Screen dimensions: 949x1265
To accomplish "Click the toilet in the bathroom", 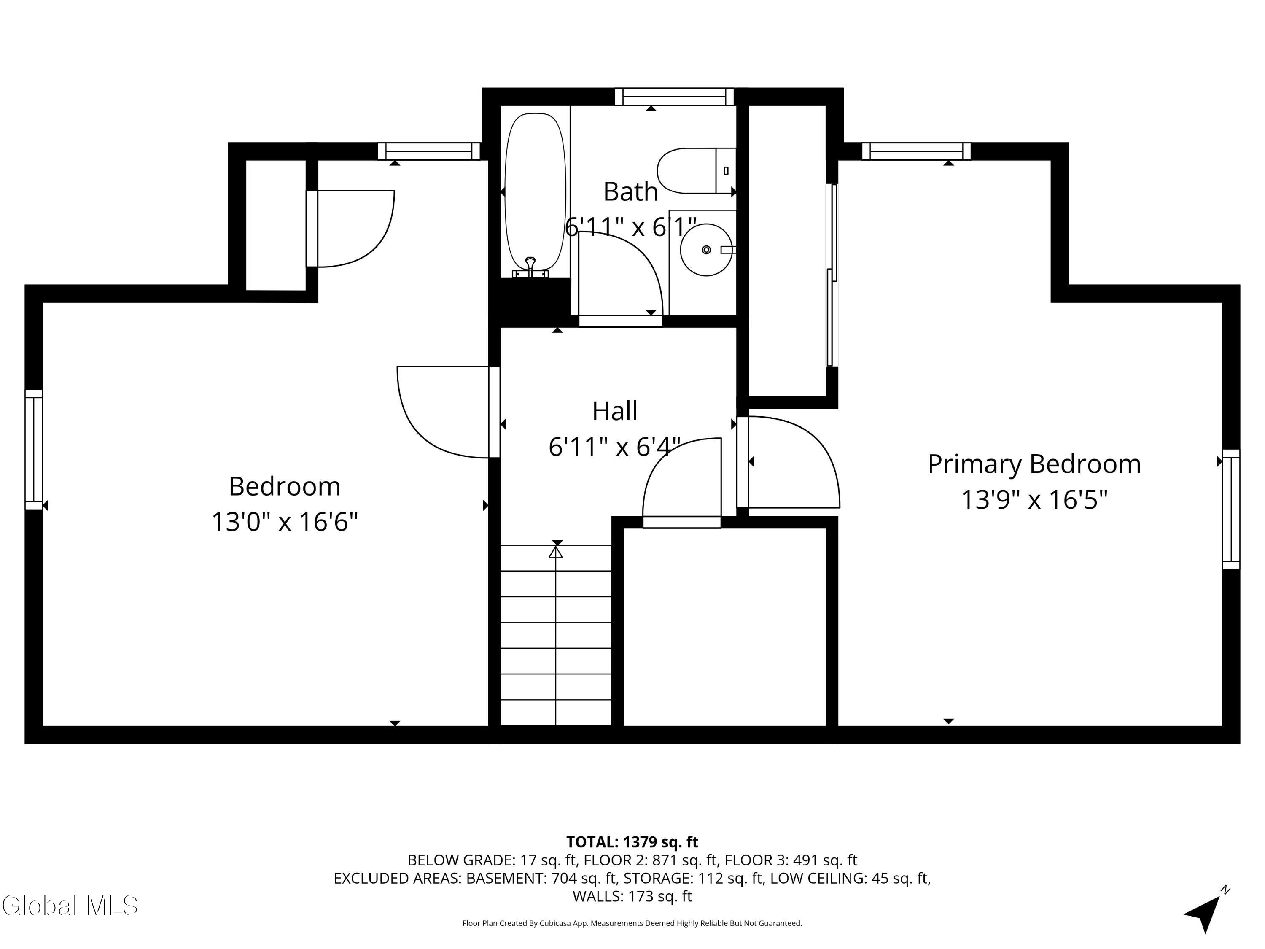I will (695, 170).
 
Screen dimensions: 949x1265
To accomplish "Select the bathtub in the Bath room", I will (535, 191).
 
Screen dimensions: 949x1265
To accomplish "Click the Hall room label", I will (615, 411).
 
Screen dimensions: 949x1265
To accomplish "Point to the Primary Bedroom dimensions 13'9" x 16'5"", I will (1034, 499).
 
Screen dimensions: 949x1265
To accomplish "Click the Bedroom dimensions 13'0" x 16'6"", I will (285, 522).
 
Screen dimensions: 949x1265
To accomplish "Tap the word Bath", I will (631, 191).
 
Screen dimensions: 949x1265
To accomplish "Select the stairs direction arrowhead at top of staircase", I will (556, 552).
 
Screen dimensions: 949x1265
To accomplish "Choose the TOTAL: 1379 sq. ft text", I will (632, 842).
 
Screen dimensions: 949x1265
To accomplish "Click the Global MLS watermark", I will (70, 906).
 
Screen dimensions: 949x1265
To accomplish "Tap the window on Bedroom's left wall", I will (34, 449).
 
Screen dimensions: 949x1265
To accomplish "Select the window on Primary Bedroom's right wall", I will (1231, 509).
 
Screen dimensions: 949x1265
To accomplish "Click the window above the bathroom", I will (674, 97).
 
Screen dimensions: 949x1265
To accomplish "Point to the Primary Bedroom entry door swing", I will (792, 462).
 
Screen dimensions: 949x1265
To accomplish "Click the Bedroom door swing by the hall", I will (443, 412).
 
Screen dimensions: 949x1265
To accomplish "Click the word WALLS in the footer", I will (598, 896).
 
